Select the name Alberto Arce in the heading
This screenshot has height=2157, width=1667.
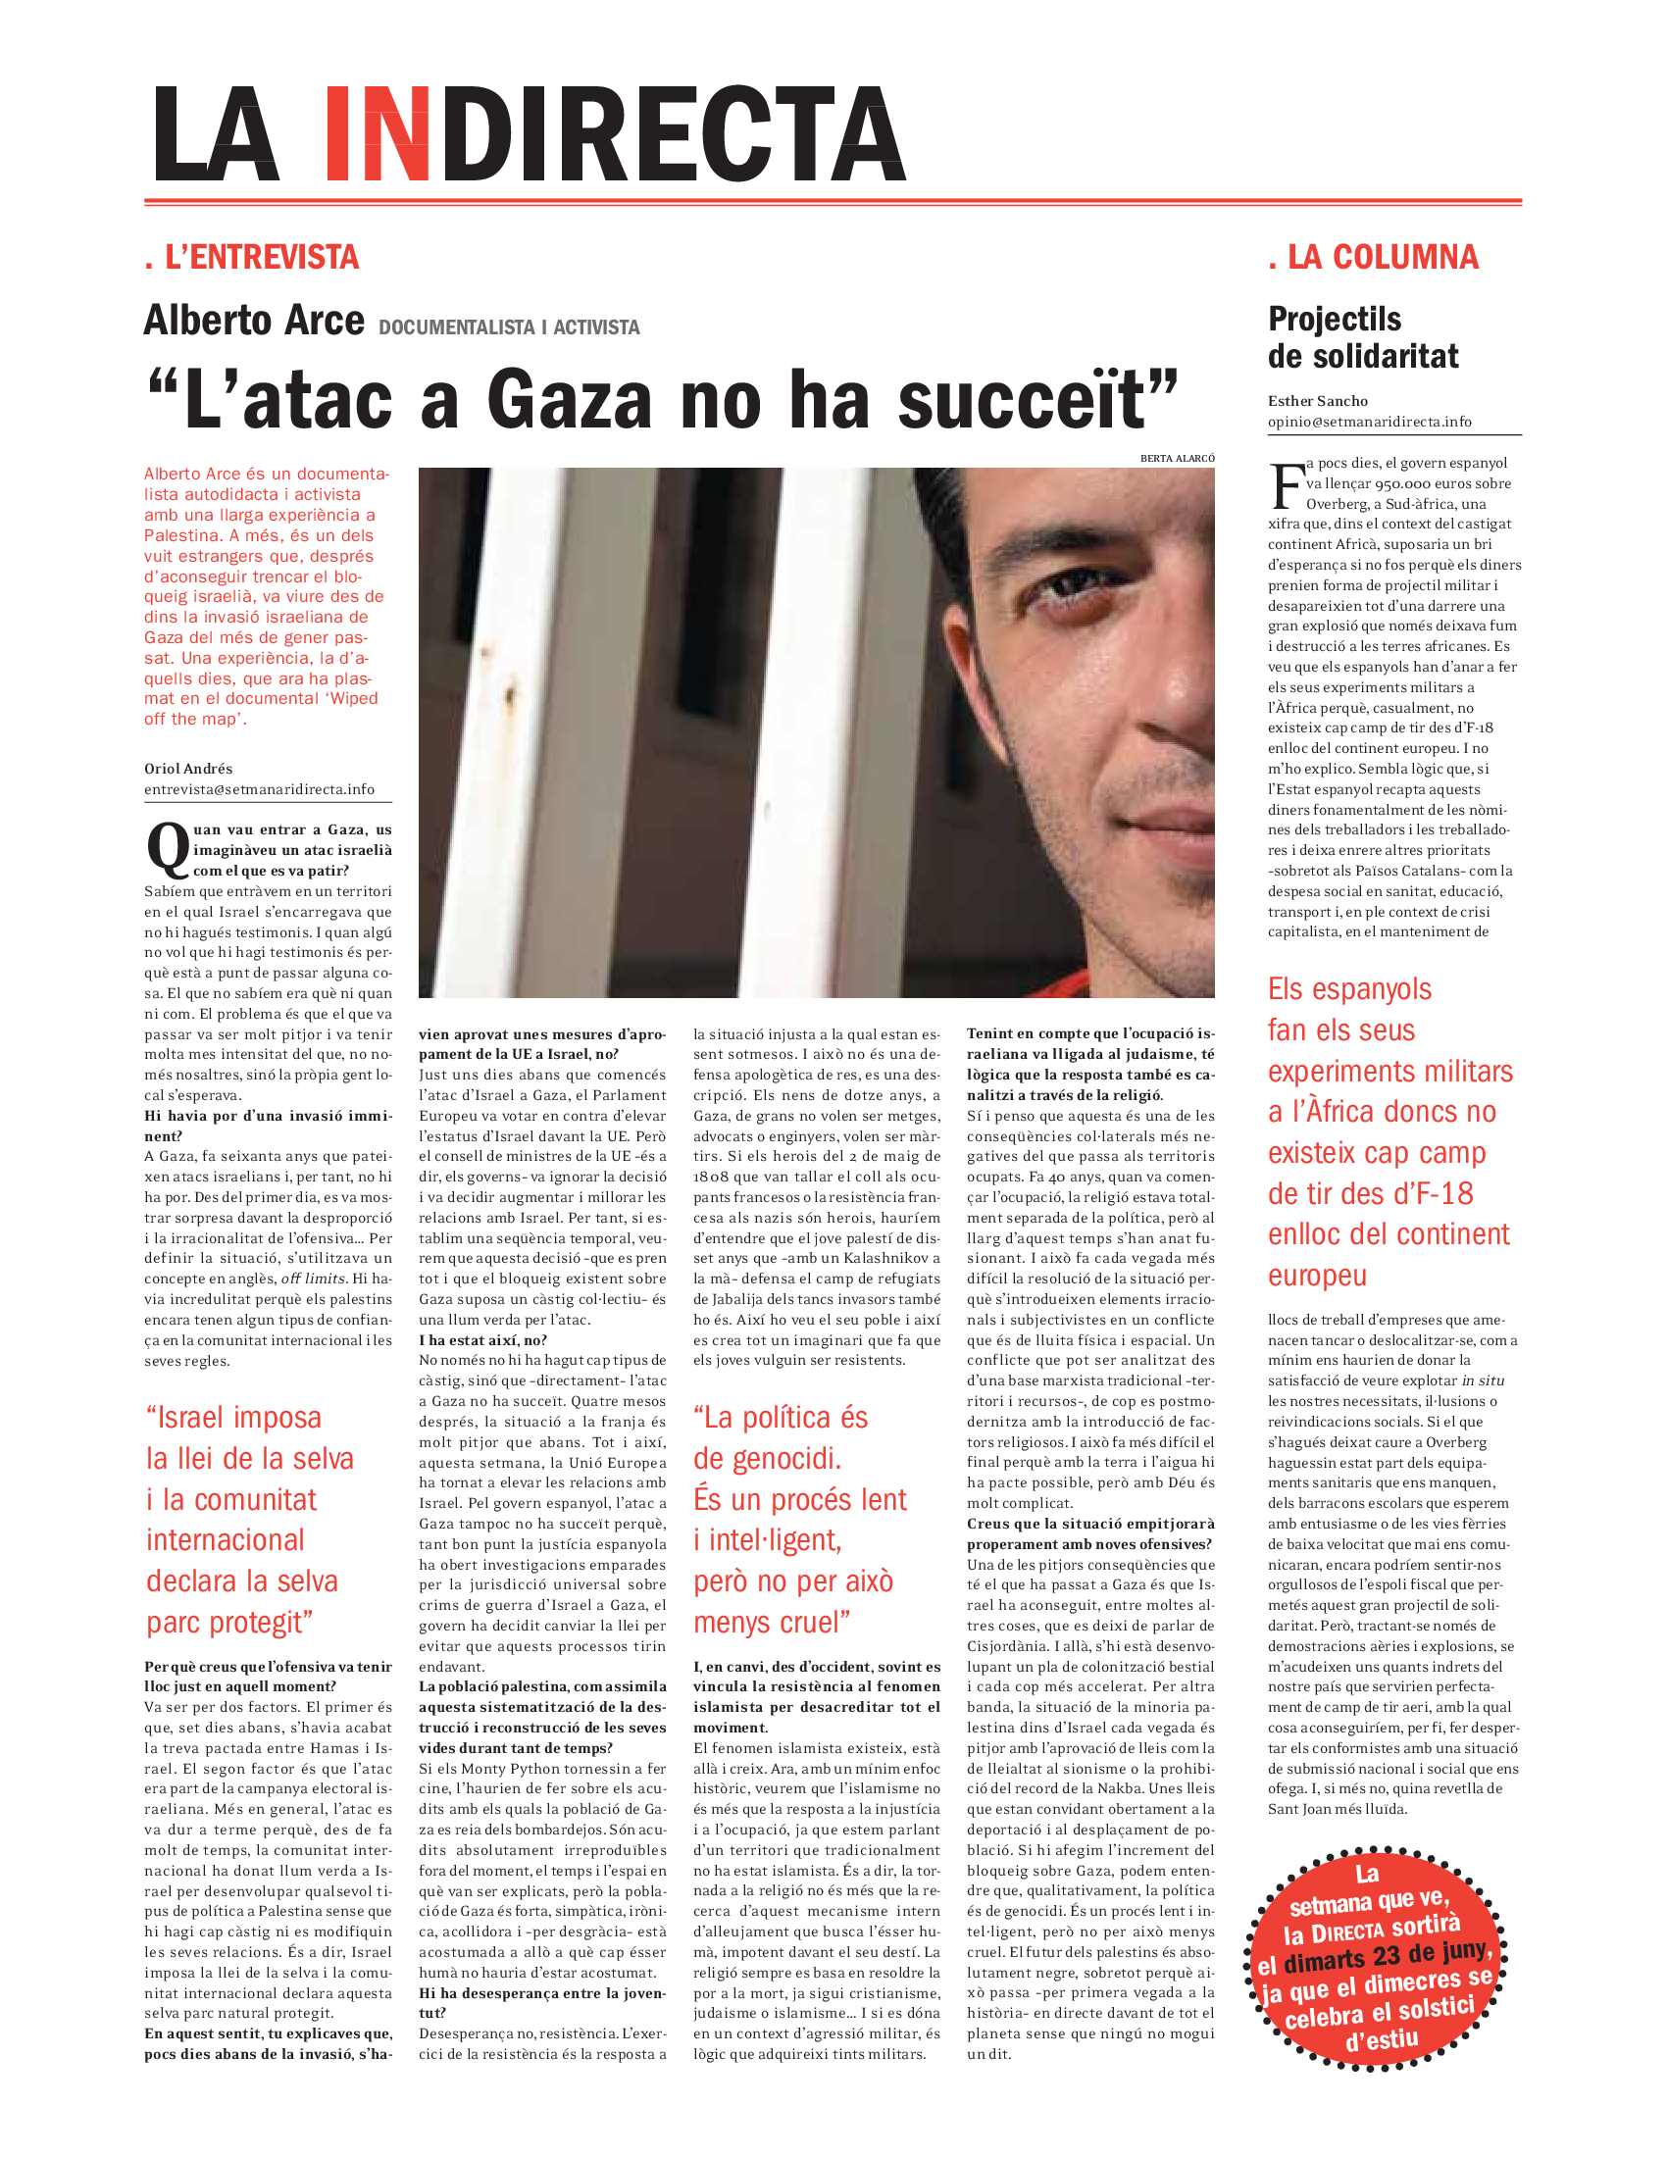pos(254,321)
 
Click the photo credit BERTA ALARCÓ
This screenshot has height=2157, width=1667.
pos(1176,458)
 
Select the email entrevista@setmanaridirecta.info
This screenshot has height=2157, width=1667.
pos(259,789)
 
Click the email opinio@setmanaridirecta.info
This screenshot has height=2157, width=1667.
pos(1369,422)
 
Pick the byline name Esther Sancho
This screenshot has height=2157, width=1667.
pos(1317,401)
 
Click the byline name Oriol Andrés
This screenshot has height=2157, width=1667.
pos(187,769)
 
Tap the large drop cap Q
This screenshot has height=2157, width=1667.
pos(167,849)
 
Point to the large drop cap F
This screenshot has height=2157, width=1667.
pos(1286,484)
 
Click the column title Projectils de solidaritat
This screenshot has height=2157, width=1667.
pos(1362,338)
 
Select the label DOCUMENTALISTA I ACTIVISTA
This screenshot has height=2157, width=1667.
pos(509,327)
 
